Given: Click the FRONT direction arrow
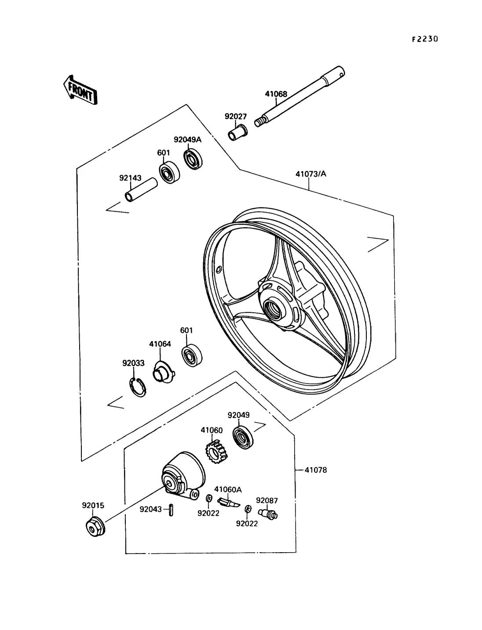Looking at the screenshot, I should pyautogui.click(x=80, y=90).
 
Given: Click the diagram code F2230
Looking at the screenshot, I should pyautogui.click(x=425, y=39).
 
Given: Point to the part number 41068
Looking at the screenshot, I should pyautogui.click(x=276, y=94).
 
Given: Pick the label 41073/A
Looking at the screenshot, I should pyautogui.click(x=311, y=174).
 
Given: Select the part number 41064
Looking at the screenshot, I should pyautogui.click(x=160, y=344).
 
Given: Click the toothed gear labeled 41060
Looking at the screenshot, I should pyautogui.click(x=217, y=454).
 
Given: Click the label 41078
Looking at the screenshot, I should pyautogui.click(x=316, y=470).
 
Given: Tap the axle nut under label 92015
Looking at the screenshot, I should pyautogui.click(x=93, y=525).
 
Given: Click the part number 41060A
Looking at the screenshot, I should pyautogui.click(x=228, y=489).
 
